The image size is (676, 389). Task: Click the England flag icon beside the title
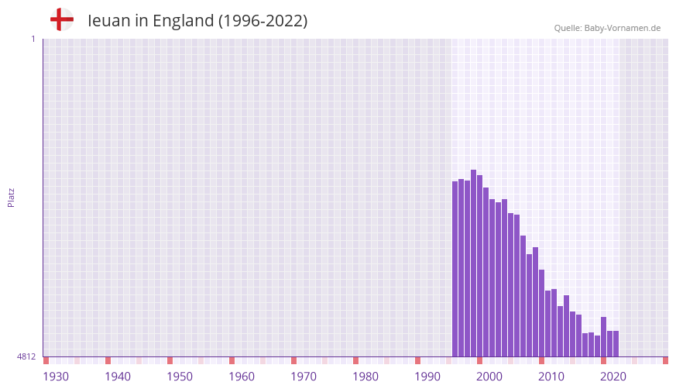pos(62,19)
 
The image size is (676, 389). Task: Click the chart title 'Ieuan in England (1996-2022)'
pos(197,21)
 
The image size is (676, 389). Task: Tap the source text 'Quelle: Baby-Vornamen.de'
pos(607,28)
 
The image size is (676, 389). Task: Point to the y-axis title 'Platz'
pos(11,197)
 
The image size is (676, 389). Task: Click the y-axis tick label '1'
pos(33,39)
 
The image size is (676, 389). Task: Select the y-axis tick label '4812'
pos(26,356)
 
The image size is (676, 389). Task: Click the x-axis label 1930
pos(56,377)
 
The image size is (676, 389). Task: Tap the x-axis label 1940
pos(118,377)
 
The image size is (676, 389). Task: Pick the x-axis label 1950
pos(180,377)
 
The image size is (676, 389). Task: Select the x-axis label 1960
pos(242,377)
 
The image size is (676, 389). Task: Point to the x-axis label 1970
pos(304,377)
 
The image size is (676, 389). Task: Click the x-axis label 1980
pos(365,377)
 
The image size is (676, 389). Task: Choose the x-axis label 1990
pos(427,377)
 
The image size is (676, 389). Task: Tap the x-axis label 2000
pos(489,377)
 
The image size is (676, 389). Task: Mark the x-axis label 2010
pos(551,377)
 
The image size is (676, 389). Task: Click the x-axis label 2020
pos(613,377)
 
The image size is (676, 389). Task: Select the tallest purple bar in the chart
pos(473,263)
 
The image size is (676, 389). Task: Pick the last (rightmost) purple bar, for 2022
pos(616,344)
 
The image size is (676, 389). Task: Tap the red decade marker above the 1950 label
pos(170,360)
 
